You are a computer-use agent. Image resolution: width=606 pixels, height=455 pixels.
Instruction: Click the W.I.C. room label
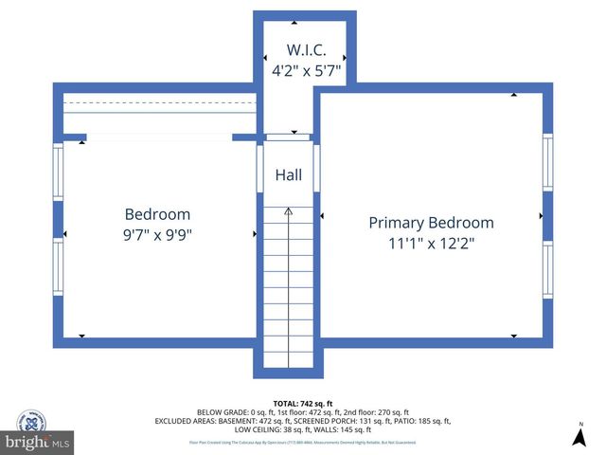(x=306, y=49)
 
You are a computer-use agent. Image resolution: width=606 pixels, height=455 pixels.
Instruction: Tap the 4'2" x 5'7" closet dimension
(x=306, y=69)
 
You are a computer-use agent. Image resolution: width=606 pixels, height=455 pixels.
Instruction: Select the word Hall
(x=289, y=175)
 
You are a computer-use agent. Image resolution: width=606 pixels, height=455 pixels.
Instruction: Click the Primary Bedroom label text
(x=431, y=223)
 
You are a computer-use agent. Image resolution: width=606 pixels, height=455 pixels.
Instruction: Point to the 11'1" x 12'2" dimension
(x=431, y=243)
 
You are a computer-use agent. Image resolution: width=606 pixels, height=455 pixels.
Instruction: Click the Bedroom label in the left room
(x=157, y=214)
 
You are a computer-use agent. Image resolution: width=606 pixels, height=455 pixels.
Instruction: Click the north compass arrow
(x=579, y=436)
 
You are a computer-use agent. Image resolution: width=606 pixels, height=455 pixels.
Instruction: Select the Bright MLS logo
(x=38, y=443)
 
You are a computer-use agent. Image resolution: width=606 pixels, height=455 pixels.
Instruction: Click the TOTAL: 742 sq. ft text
(x=302, y=403)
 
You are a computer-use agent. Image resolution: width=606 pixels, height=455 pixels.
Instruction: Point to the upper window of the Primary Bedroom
(x=547, y=162)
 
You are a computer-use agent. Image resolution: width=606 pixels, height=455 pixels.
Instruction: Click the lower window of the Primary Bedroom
(x=547, y=270)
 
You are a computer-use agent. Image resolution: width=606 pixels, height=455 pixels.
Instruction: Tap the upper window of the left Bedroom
(x=59, y=172)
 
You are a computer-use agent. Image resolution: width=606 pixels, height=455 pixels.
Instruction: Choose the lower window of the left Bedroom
(x=59, y=266)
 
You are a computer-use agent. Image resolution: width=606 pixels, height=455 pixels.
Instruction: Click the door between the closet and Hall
(x=289, y=137)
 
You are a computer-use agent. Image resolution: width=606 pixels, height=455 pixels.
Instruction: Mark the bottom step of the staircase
(x=289, y=359)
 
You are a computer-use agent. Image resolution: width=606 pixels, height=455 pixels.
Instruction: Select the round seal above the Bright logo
(x=32, y=422)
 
